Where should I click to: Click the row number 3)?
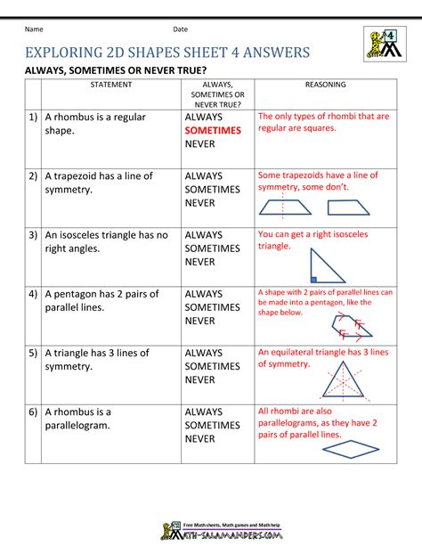[x=32, y=235]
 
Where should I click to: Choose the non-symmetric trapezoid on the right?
[x=352, y=208]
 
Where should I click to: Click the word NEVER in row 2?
[x=200, y=203]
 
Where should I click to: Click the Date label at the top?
[x=181, y=29]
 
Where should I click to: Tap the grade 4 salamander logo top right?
[x=380, y=44]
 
